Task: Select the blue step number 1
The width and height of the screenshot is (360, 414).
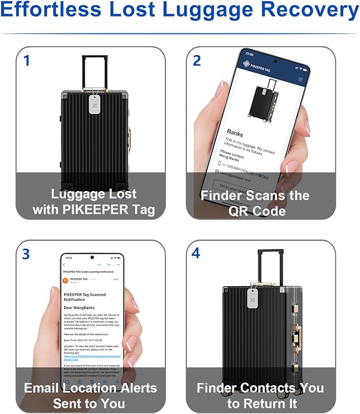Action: [27, 60]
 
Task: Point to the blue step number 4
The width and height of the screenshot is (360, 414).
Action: [196, 253]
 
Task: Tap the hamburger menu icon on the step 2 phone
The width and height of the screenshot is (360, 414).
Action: [301, 79]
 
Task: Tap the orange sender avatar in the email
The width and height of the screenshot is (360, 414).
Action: [65, 280]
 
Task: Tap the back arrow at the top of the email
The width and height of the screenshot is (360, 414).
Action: [64, 264]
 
